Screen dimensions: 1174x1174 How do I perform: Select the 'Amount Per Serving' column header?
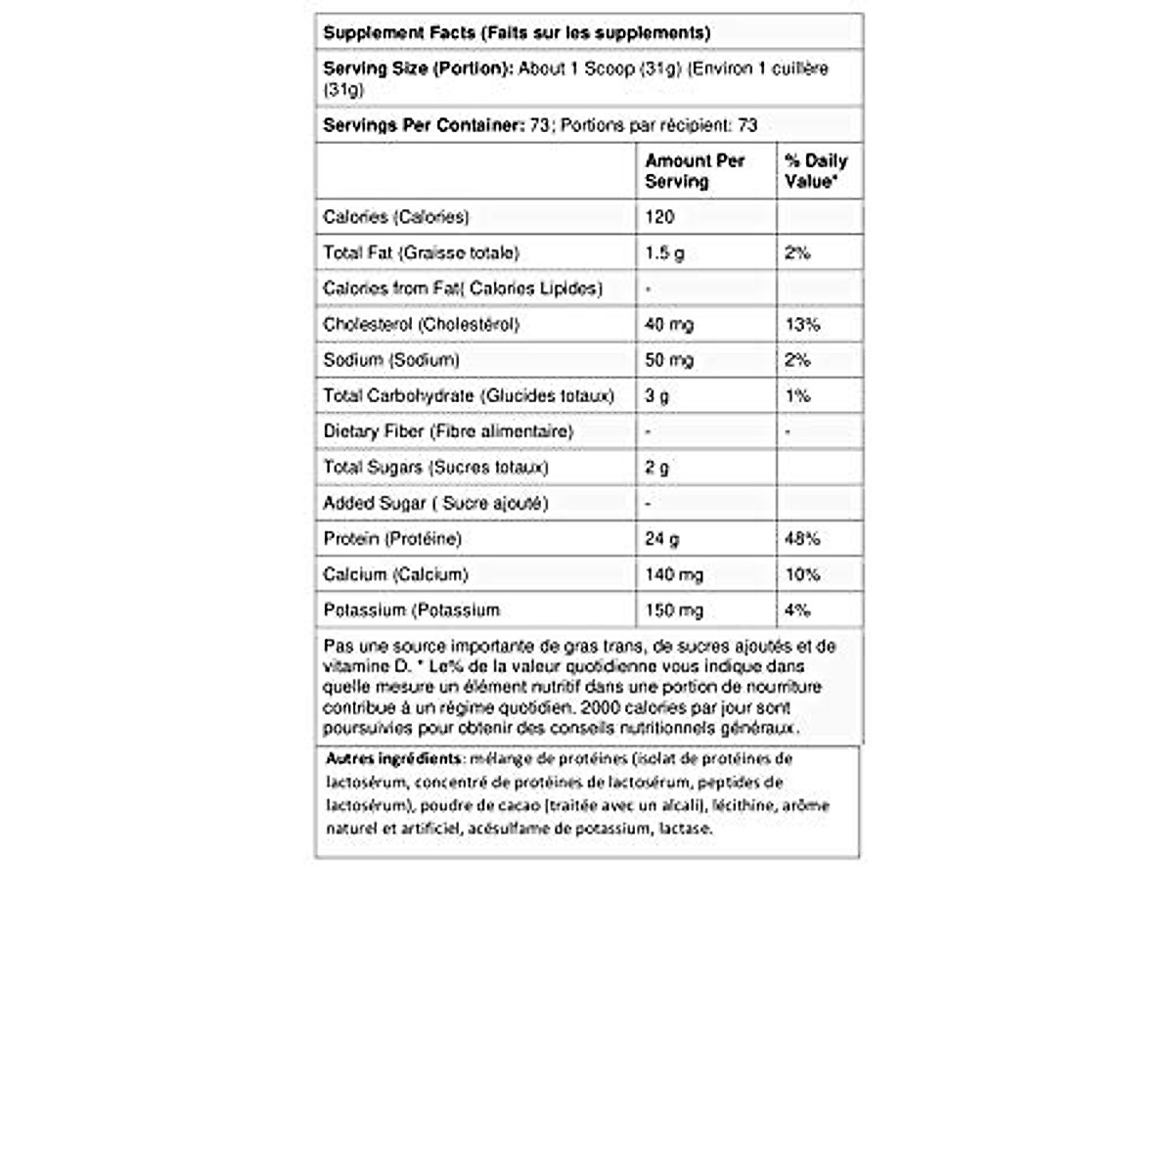[695, 171]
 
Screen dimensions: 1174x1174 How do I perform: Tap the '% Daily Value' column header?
[816, 171]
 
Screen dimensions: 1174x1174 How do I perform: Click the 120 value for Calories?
[659, 217]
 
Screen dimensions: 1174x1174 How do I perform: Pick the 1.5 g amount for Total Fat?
[664, 252]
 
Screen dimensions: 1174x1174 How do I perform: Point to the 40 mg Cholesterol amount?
[669, 324]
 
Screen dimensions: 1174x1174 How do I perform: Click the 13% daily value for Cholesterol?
[802, 324]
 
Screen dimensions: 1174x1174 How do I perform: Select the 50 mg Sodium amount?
[669, 360]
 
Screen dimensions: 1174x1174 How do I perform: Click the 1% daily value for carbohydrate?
[797, 395]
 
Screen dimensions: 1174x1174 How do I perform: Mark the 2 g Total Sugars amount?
[657, 467]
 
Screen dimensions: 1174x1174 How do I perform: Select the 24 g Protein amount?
[662, 538]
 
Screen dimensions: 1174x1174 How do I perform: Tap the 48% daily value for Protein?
[802, 538]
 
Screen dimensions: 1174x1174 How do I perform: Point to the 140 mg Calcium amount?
[674, 574]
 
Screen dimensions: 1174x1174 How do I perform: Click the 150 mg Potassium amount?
[674, 610]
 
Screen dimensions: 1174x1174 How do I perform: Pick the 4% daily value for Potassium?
[797, 610]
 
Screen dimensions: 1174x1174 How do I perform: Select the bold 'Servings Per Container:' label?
[424, 125]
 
